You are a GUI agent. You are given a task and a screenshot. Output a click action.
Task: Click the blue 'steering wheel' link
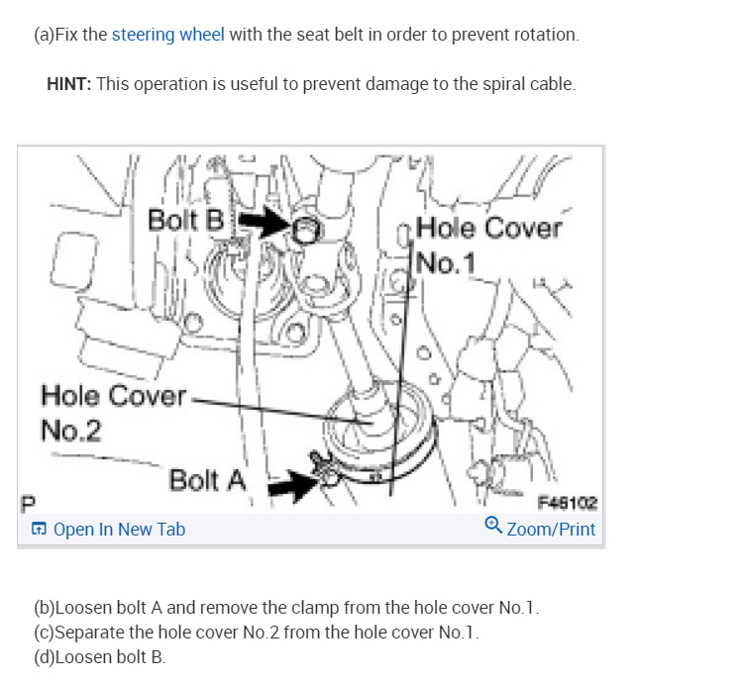[167, 35]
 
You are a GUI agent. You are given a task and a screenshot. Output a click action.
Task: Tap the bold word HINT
[69, 84]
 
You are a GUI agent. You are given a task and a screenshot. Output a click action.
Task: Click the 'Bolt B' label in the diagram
[185, 220]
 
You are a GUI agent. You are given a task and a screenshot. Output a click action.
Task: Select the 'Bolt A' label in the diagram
[207, 481]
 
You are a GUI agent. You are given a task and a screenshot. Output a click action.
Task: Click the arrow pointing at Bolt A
[295, 483]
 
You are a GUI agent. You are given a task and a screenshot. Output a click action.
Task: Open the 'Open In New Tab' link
[119, 530]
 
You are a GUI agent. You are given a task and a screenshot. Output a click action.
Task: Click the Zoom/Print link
[551, 530]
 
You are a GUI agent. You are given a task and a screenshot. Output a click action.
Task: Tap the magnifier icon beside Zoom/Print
[493, 528]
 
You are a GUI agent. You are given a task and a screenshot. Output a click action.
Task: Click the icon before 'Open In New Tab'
[39, 530]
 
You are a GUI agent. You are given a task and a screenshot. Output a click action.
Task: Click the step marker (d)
[46, 657]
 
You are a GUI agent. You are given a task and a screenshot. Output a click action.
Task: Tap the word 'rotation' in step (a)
[544, 35]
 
